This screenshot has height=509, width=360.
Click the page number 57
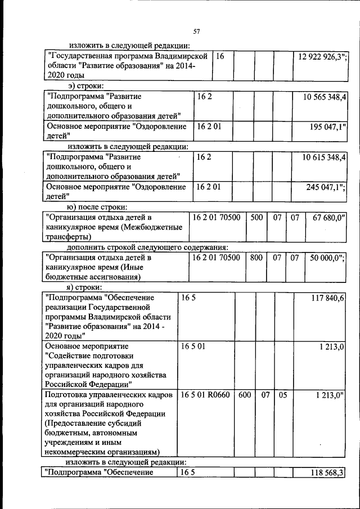(196, 31)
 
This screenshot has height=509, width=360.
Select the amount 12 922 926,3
(321, 56)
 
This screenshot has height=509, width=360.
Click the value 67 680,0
(326, 217)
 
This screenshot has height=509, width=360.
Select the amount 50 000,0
(327, 258)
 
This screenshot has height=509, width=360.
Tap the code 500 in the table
(256, 217)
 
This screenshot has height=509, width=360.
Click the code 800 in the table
(256, 258)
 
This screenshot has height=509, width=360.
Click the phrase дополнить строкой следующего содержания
(147, 247)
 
